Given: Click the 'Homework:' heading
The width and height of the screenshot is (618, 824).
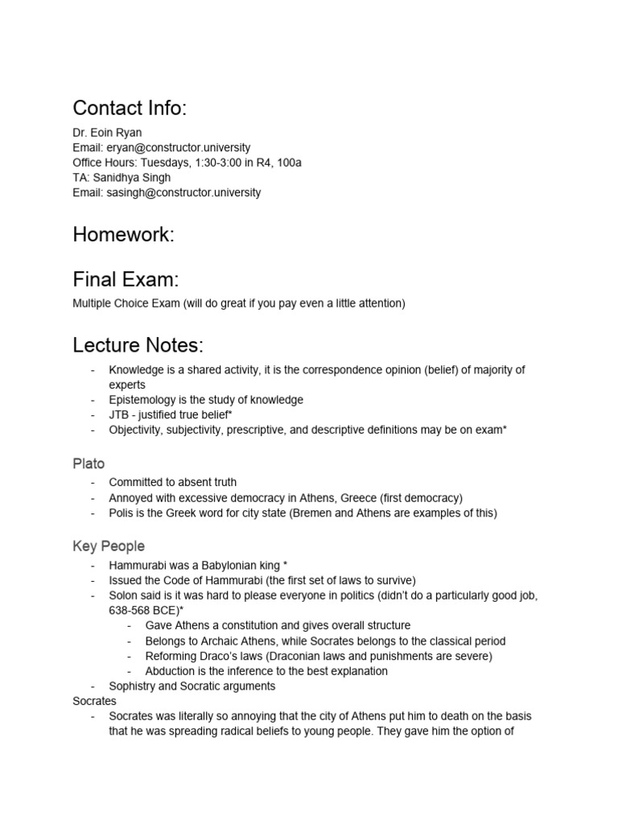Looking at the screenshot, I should point(123,234).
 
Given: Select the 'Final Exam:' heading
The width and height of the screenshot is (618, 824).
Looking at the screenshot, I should point(125,279).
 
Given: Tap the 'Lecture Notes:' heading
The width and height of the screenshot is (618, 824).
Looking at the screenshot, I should point(138,346).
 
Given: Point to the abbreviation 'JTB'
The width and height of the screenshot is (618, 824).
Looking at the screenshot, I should point(120,415).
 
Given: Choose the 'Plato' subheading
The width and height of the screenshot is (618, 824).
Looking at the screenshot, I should point(89,463).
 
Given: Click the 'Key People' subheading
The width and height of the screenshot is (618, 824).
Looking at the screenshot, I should point(109,546).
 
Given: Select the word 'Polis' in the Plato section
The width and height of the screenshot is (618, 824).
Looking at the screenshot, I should point(122,513).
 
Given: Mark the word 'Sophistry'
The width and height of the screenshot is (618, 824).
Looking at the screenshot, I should point(135,686).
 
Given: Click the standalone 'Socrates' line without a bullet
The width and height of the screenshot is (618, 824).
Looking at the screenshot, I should point(94,702).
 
